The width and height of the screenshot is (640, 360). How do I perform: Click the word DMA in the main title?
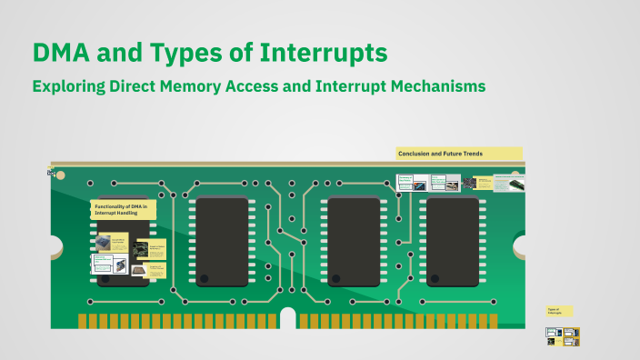(x=62, y=52)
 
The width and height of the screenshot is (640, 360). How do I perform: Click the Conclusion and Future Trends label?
(x=459, y=154)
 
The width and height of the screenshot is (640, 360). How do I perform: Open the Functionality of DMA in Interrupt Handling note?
(x=124, y=210)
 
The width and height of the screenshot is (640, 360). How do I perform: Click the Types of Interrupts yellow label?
(x=559, y=311)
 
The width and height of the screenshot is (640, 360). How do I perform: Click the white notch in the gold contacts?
(x=288, y=319)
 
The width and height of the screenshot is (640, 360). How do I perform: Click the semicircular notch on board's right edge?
(x=521, y=245)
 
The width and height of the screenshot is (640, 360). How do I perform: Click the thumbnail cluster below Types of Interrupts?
(x=562, y=336)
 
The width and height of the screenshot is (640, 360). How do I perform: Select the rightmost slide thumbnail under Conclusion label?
(x=515, y=183)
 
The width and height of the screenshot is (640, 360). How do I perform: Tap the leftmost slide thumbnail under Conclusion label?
(x=405, y=182)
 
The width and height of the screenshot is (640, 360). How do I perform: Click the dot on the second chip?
(x=205, y=277)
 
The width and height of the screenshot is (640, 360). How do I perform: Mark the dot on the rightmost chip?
(x=435, y=277)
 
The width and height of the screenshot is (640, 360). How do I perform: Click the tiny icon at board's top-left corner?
(x=52, y=172)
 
